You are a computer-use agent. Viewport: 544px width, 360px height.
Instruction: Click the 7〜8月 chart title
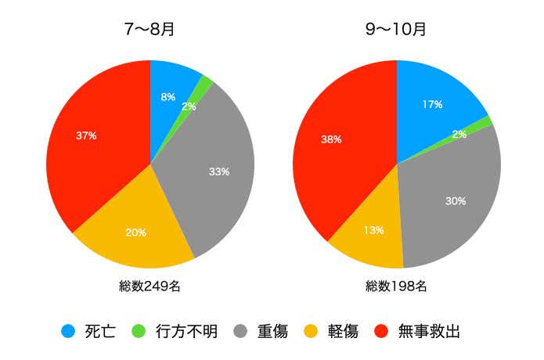click(x=150, y=31)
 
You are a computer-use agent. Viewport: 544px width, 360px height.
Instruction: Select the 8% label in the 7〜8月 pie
click(x=168, y=98)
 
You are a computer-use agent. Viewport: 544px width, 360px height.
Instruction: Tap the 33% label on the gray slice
click(x=219, y=171)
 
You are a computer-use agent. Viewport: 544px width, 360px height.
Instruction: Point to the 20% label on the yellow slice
click(x=136, y=232)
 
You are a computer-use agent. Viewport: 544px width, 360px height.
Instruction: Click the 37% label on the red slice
click(x=86, y=135)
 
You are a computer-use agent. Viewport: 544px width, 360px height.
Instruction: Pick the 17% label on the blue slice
click(x=431, y=104)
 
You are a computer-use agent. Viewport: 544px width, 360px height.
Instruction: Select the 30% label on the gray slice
click(x=456, y=201)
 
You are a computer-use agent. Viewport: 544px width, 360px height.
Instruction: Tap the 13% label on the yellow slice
click(x=373, y=230)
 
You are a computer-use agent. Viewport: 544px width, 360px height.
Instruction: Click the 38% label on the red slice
click(x=331, y=140)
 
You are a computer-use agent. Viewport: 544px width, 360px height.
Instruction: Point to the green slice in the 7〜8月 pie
click(x=207, y=81)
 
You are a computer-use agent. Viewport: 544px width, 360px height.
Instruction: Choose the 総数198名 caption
click(x=396, y=286)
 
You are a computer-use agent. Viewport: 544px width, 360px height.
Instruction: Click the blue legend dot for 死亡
click(x=68, y=331)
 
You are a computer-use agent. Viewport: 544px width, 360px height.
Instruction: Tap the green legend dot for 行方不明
click(x=141, y=331)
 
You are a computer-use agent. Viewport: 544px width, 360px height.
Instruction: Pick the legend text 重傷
click(x=272, y=331)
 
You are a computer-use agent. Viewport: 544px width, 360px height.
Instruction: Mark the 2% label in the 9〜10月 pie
click(x=459, y=135)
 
